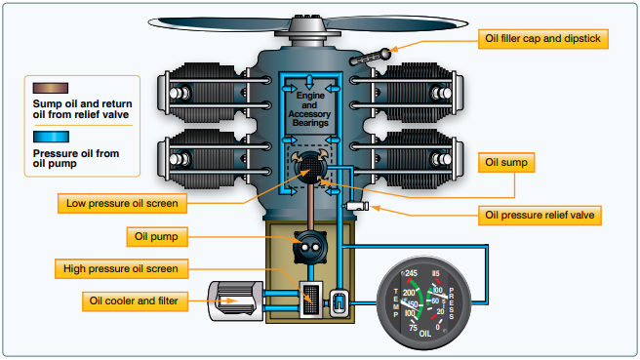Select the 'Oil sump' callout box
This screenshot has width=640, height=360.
pyautogui.click(x=507, y=163)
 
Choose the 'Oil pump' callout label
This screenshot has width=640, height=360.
pyautogui.click(x=154, y=236)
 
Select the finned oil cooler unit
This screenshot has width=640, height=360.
pyautogui.click(x=232, y=297)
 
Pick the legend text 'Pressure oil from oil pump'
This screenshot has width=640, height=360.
pyautogui.click(x=76, y=158)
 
